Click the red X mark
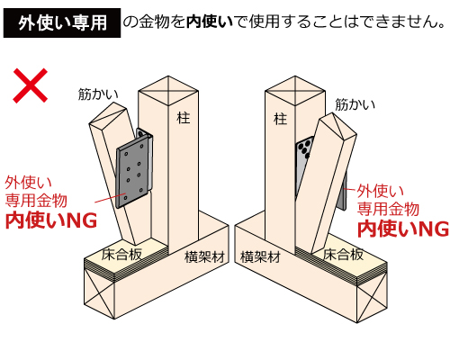click(30, 85)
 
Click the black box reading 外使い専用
click(62, 22)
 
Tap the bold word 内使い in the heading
click(210, 22)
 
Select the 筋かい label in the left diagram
click(98, 94)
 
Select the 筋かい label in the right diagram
click(355, 104)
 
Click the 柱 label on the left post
click(184, 118)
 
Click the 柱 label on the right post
click(280, 119)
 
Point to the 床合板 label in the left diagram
click(121, 255)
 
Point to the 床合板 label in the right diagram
click(343, 255)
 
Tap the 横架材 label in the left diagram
click(204, 257)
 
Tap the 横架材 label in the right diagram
click(260, 257)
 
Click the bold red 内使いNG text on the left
click(51, 220)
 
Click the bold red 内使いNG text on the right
click(403, 229)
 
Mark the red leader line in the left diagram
click(110, 198)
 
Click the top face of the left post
click(168, 91)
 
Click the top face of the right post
click(295, 91)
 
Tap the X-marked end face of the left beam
click(99, 292)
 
